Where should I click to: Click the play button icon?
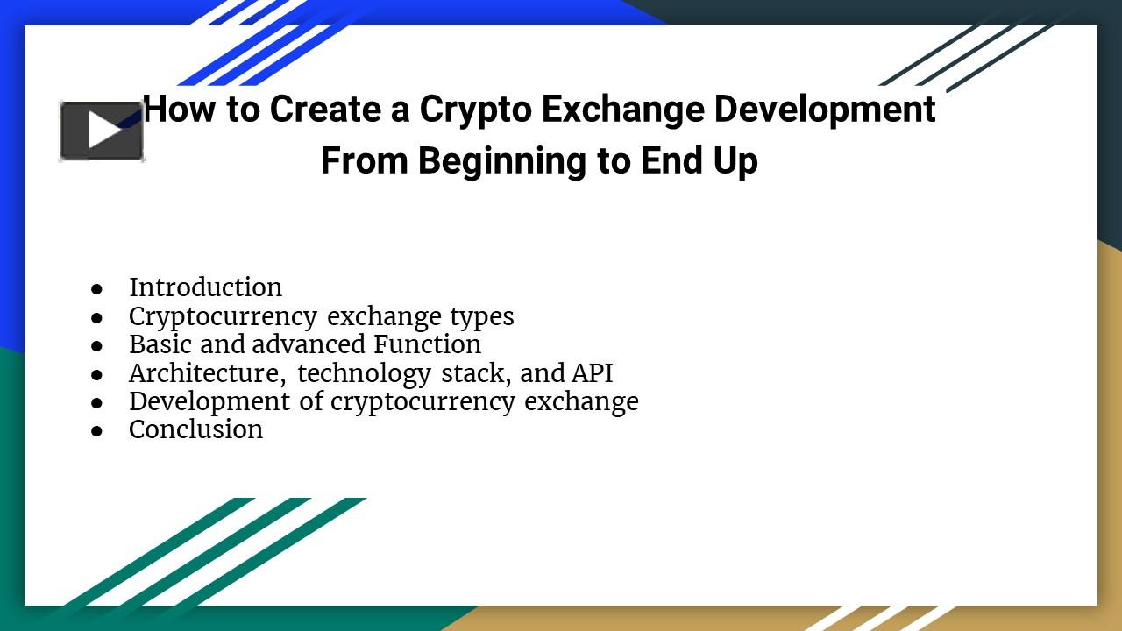point(102,131)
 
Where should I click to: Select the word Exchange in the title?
point(622,110)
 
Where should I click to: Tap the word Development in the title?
point(825,110)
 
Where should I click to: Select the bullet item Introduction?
point(205,287)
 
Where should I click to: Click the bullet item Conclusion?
point(195,429)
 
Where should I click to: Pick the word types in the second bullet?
point(482,316)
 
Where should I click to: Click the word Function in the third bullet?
point(427,344)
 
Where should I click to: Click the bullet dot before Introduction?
point(96,288)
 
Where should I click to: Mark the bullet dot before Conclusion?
point(96,430)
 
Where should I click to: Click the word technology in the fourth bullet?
point(364,373)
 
